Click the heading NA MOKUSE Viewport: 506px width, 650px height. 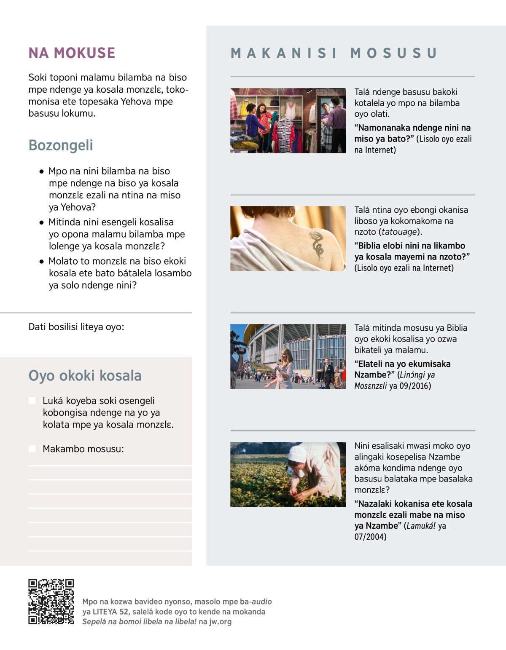point(72,53)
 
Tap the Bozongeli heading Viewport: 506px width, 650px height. point(61,145)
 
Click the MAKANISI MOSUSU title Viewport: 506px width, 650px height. point(334,53)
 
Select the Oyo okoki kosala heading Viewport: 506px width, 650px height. point(85,375)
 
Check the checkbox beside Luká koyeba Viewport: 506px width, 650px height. point(32,401)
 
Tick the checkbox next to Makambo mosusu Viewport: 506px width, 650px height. point(32,449)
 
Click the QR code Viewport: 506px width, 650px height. point(51,602)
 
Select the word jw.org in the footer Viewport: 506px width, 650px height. point(220,621)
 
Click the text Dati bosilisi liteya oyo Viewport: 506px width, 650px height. point(76,327)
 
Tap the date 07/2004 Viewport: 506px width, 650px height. point(370,537)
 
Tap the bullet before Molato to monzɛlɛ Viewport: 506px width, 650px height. point(41,262)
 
